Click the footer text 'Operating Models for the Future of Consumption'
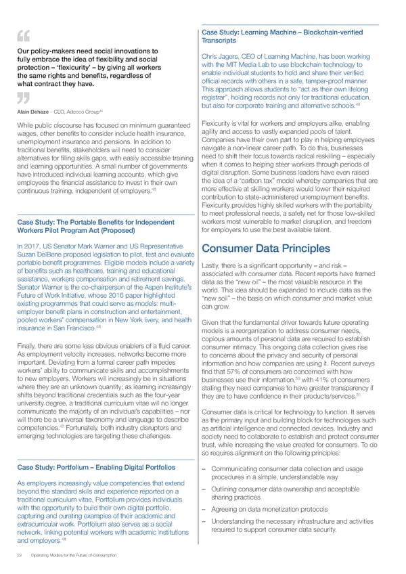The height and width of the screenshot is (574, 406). point(70,555)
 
